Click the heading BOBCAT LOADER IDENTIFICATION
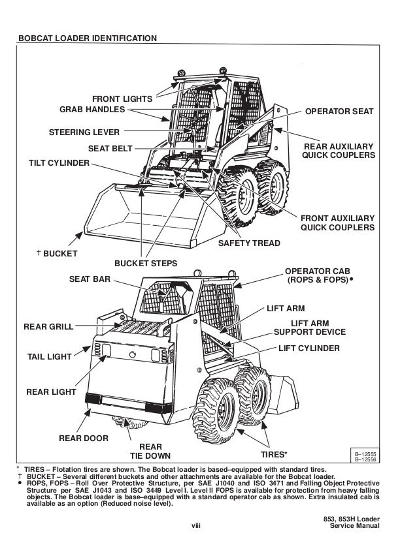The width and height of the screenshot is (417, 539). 87,38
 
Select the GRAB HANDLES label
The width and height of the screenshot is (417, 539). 93,109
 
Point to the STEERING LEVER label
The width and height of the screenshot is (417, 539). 85,133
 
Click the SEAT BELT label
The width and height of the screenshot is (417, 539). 110,148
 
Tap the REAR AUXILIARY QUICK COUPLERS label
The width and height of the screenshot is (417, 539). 338,151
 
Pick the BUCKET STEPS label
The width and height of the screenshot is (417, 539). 145,264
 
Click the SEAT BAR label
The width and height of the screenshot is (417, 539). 90,279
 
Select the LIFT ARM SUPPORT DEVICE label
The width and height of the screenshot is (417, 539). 309,328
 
